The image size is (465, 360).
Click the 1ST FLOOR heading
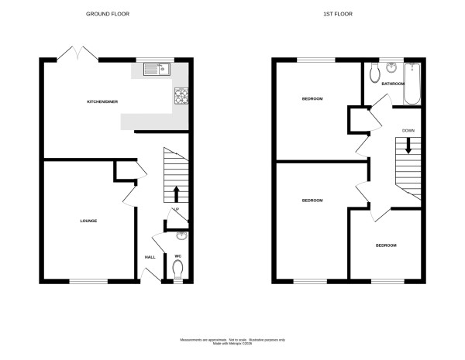346,14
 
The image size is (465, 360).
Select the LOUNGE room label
88,221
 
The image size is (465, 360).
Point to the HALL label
150,257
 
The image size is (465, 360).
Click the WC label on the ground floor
177,256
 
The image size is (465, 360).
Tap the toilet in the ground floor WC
178,269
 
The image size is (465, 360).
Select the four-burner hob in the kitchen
182,95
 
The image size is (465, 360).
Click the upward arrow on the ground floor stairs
176,193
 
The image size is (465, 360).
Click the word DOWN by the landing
408,131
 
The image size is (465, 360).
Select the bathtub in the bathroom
412,84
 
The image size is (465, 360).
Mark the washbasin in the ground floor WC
181,236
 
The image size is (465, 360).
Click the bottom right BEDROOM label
386,245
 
